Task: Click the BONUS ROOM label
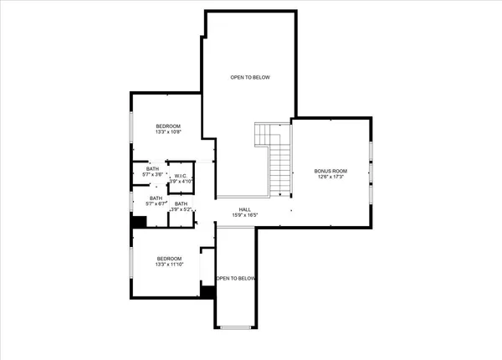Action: point(331,171)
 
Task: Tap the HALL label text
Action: point(244,209)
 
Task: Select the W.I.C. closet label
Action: point(181,175)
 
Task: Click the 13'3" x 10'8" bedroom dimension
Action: point(167,131)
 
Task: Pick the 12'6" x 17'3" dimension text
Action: point(331,177)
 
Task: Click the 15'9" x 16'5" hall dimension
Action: point(244,216)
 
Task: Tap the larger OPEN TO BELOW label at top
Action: point(250,77)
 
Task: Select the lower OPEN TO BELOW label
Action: point(236,278)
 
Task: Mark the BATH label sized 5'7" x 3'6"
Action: point(152,168)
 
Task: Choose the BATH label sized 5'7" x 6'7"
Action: point(156,198)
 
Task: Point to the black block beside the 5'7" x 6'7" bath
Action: point(139,221)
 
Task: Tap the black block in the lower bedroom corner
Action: point(207,291)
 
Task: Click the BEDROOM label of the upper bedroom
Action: point(167,125)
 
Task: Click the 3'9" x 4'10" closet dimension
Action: point(181,181)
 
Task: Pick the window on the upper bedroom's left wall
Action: point(131,126)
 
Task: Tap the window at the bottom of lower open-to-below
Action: point(236,325)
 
